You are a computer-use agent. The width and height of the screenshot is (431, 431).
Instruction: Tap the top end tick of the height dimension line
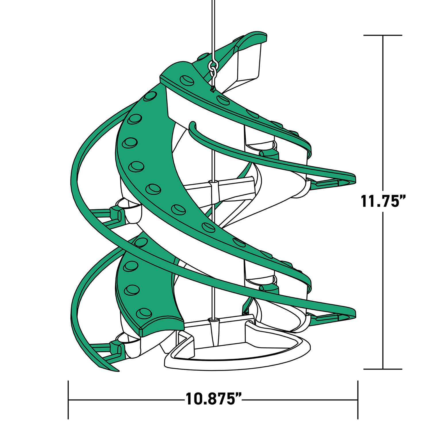point(383,35)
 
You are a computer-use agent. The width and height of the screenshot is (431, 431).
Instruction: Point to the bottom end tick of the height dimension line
point(383,369)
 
